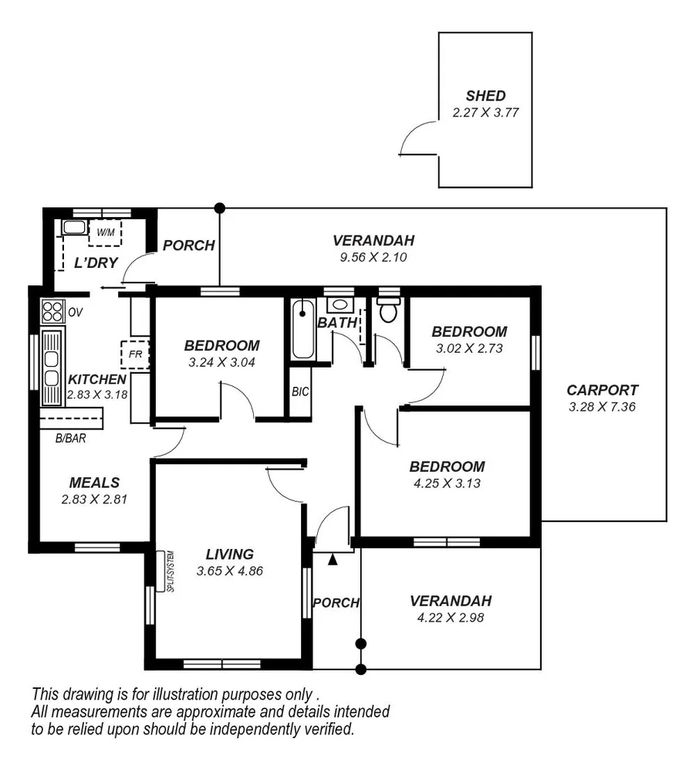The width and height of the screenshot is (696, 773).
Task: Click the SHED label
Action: point(485,97)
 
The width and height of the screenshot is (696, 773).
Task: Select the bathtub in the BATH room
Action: point(303,330)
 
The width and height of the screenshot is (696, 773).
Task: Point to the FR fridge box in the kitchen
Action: point(134,354)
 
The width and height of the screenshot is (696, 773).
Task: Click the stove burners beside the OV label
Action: point(52,311)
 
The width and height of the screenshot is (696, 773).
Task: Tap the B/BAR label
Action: point(69,439)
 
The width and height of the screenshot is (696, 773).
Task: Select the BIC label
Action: point(300,392)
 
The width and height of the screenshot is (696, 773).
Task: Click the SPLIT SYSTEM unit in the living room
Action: point(162,571)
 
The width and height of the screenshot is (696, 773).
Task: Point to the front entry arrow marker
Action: point(333,559)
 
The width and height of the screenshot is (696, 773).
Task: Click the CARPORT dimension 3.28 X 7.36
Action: point(602,407)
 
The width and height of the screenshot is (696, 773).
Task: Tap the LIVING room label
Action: point(229,554)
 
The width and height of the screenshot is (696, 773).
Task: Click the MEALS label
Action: point(93,483)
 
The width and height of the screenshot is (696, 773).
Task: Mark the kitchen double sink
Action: point(52,368)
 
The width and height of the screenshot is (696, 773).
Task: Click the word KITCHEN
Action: point(96,379)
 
